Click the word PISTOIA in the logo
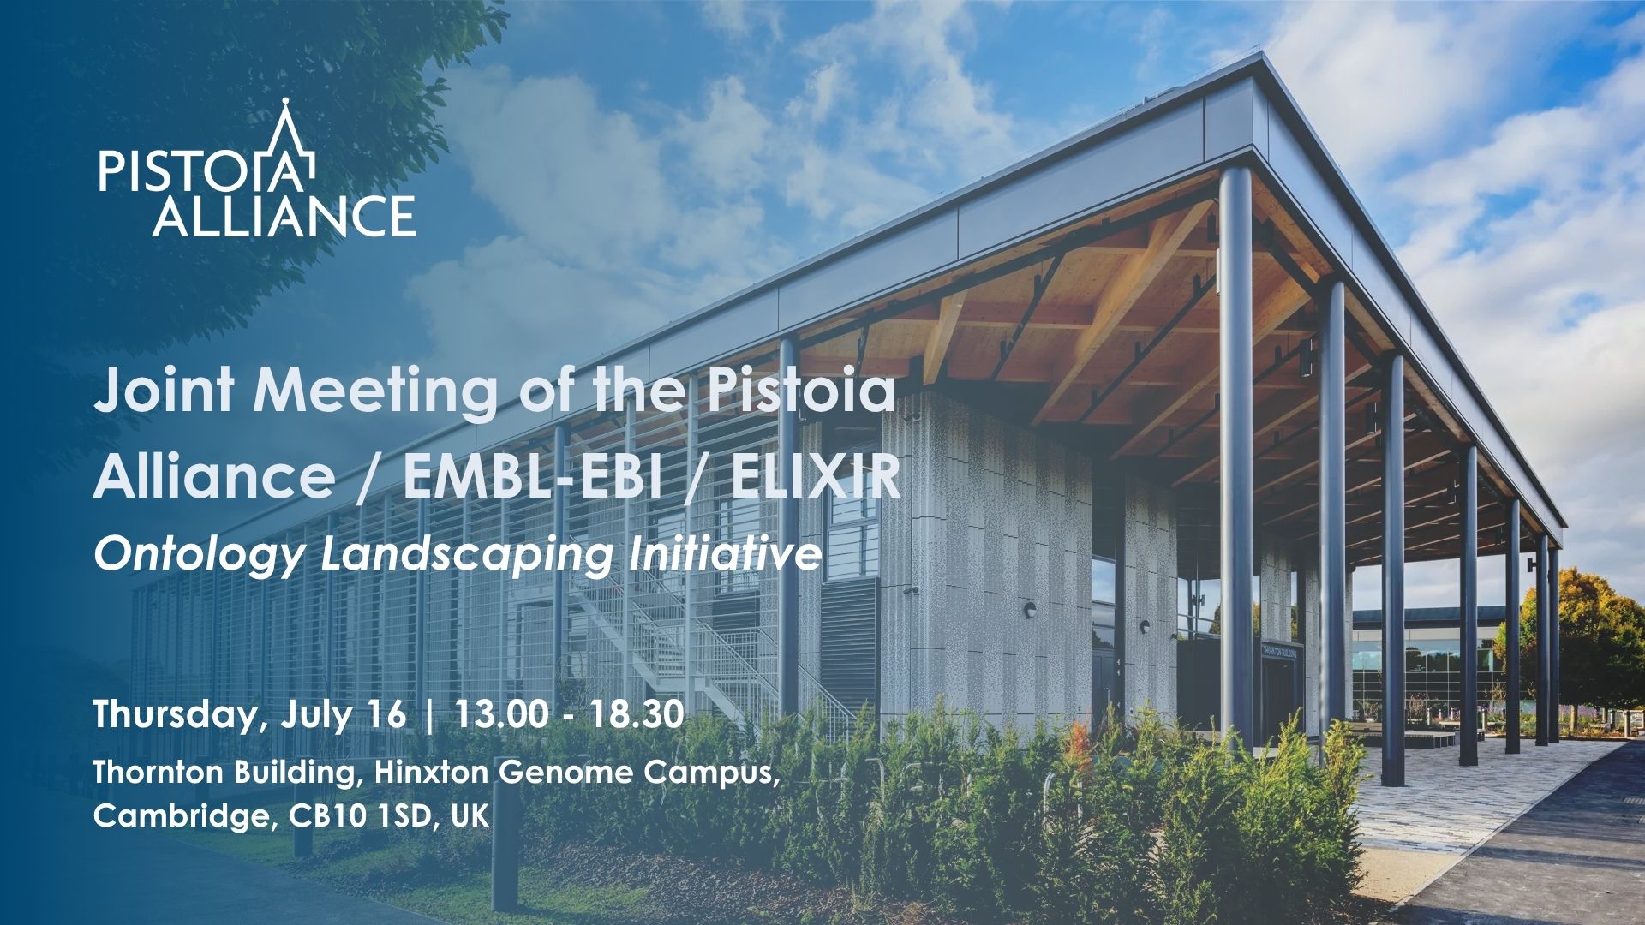click(x=206, y=171)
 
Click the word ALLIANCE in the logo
click(x=284, y=215)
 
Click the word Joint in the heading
click(x=163, y=390)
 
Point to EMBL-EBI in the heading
click(x=532, y=477)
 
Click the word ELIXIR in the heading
click(x=815, y=477)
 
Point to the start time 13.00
click(x=501, y=713)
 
